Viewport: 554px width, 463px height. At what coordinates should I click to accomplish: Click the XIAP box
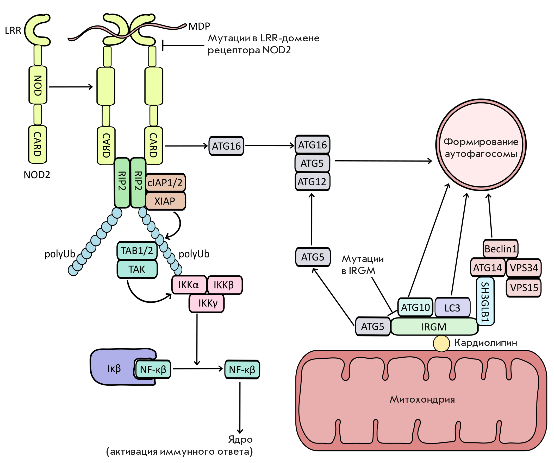165,201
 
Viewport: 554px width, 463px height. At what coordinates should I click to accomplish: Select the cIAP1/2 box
165,182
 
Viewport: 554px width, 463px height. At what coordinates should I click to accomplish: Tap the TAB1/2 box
137,250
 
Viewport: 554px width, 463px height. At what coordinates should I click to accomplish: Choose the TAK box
137,269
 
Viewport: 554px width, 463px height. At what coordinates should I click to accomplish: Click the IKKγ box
207,303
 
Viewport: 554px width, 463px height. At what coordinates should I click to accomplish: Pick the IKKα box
189,285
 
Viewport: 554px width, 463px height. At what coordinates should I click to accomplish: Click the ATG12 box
312,182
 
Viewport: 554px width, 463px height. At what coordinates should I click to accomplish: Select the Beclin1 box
500,249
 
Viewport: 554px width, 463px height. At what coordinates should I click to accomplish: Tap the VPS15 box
524,288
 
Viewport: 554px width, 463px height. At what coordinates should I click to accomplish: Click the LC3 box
452,308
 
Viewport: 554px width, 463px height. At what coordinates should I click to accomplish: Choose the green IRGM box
434,327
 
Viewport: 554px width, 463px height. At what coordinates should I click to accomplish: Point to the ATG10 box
415,307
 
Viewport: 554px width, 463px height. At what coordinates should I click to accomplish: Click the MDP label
199,26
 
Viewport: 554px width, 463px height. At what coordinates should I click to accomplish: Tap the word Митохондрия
422,399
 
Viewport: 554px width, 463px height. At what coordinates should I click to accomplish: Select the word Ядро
240,440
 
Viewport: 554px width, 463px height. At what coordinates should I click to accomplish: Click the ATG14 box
488,268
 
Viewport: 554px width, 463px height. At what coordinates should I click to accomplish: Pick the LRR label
13,31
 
